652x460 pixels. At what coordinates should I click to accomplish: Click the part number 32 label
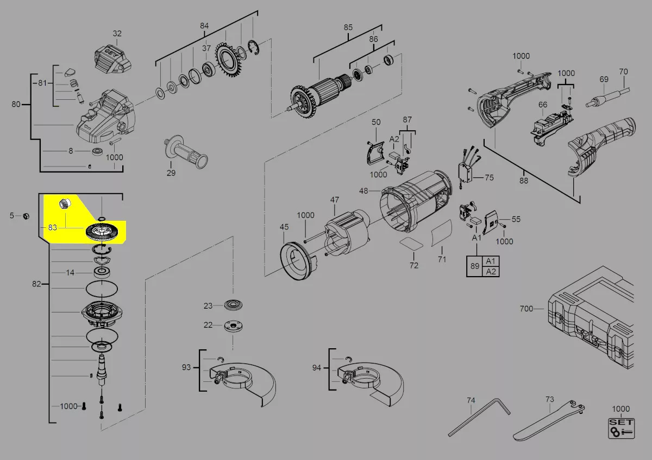coord(117,34)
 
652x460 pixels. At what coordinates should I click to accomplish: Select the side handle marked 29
coord(186,152)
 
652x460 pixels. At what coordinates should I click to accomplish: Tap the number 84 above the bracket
coord(204,26)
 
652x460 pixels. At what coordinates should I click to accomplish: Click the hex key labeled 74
coord(479,418)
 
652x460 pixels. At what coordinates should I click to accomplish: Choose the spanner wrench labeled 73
coord(549,421)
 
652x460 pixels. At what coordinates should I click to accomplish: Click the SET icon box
coord(621,429)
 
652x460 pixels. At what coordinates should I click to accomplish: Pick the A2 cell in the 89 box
coord(491,271)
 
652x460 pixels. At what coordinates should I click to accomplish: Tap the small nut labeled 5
coord(26,216)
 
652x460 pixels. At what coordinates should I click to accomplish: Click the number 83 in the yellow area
coord(52,227)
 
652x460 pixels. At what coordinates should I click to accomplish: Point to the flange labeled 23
coord(234,305)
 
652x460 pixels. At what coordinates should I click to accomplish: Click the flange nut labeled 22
coord(234,325)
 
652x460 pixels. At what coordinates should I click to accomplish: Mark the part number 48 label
coord(363,191)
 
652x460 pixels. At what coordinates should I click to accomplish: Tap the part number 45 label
coord(284,227)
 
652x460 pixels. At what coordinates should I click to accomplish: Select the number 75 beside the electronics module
coord(490,177)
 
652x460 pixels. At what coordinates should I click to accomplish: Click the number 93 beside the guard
coord(186,367)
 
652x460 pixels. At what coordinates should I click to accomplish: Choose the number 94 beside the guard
coord(317,368)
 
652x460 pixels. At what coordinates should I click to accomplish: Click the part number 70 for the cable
coord(624,72)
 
